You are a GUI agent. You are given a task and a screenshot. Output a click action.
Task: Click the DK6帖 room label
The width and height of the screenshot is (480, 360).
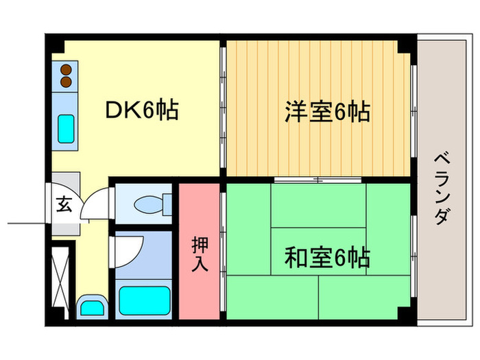142,110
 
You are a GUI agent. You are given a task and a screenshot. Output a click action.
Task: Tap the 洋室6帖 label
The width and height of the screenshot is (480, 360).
327,111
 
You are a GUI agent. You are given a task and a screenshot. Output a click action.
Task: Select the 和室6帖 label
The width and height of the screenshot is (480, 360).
327,258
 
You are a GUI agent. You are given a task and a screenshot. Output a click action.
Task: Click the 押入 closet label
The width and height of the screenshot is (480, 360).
200,253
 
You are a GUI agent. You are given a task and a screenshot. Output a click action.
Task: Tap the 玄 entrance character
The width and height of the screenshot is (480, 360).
63,204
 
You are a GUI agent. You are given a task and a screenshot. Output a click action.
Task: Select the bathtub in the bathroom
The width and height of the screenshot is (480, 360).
145,300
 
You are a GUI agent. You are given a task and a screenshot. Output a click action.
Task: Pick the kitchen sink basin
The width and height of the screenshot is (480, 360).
66,127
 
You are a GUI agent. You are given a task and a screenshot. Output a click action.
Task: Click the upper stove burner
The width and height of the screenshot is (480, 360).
66,69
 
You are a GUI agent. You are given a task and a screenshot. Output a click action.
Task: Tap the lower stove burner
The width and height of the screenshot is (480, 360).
66,82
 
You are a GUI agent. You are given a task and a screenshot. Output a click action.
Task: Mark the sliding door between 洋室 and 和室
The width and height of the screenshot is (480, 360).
318,180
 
